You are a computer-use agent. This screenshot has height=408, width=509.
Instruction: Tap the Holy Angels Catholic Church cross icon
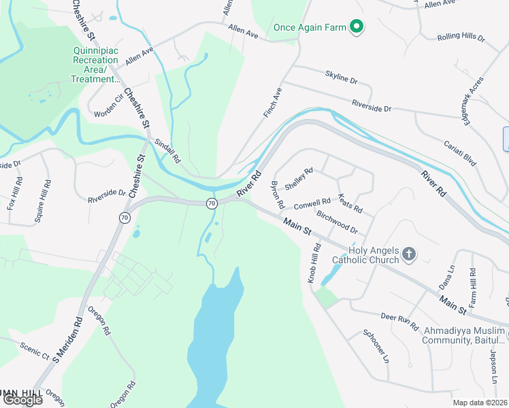coord(408,254)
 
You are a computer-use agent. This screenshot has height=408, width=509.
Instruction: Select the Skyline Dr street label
coord(341,80)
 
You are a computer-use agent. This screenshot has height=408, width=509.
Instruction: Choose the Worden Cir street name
coord(109,105)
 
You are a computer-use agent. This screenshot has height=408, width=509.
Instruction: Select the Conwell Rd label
coord(312,203)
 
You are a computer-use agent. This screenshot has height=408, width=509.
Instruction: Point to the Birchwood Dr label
coord(337,222)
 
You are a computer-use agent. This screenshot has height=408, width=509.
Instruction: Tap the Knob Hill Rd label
coord(313,265)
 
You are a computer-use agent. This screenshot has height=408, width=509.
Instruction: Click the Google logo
coord(22,400)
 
